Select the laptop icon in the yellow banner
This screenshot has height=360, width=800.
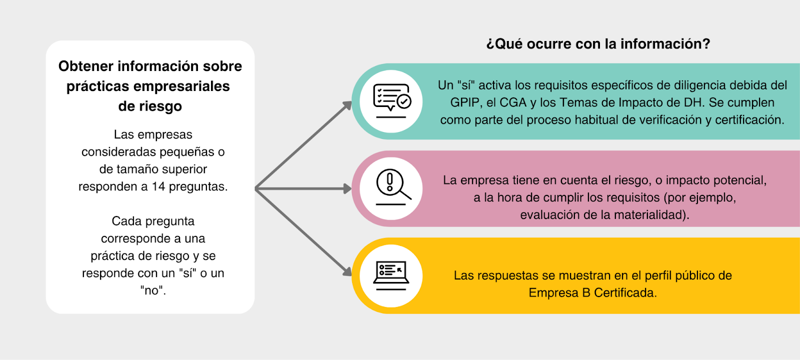tap(391, 275)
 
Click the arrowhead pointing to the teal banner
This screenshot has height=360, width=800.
tap(346, 105)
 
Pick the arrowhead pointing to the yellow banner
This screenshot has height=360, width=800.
tap(346, 271)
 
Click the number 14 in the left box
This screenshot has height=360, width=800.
tap(158, 186)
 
